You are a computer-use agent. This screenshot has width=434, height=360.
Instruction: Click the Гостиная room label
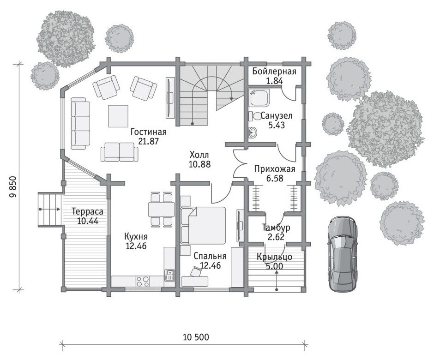(x=149, y=132)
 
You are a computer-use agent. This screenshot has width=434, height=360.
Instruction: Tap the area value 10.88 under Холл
(x=199, y=164)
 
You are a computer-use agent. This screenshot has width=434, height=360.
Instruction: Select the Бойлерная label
(x=274, y=72)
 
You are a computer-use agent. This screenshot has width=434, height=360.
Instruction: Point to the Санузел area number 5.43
(x=277, y=125)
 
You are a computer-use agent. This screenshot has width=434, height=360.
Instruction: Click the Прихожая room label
(x=275, y=169)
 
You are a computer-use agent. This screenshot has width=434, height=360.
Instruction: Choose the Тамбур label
(x=276, y=228)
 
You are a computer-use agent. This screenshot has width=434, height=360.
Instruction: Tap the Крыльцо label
(x=274, y=257)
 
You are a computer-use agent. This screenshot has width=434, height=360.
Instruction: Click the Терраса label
(x=87, y=212)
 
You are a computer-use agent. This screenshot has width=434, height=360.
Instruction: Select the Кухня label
(x=136, y=237)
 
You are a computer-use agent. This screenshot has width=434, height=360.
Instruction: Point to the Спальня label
(x=210, y=256)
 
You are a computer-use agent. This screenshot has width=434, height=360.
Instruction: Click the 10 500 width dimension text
(x=196, y=337)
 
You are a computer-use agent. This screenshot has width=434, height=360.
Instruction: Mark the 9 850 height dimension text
(x=13, y=187)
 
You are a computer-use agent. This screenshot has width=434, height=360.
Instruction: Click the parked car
(x=342, y=254)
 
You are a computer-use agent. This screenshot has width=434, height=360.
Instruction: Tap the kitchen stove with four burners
(x=143, y=281)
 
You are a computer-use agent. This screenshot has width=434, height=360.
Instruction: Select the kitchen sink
(x=169, y=276)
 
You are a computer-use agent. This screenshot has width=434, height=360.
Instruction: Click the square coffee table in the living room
(x=118, y=116)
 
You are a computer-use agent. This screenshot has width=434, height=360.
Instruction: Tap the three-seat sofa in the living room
(x=80, y=123)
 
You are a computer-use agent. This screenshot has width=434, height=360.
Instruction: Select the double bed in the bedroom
(x=203, y=226)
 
